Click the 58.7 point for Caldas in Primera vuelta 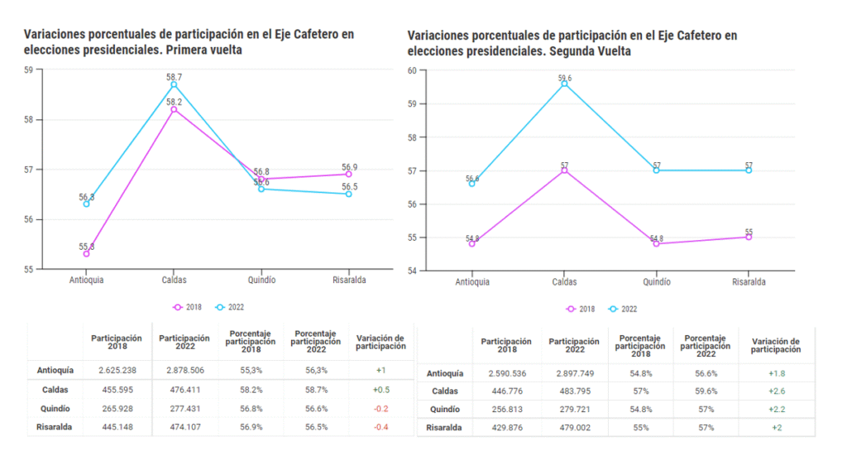(174, 84)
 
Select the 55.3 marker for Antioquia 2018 (86, 253)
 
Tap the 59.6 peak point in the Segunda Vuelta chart (564, 84)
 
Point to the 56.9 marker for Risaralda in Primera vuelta (349, 174)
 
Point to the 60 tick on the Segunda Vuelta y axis (412, 70)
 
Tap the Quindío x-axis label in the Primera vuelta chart (261, 281)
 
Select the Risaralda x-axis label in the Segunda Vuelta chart (749, 281)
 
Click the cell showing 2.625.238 (117, 371)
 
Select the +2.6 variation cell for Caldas (776, 391)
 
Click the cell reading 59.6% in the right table (707, 391)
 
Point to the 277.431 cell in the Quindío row (184, 409)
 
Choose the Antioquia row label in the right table (444, 373)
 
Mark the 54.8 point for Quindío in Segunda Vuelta (657, 244)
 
